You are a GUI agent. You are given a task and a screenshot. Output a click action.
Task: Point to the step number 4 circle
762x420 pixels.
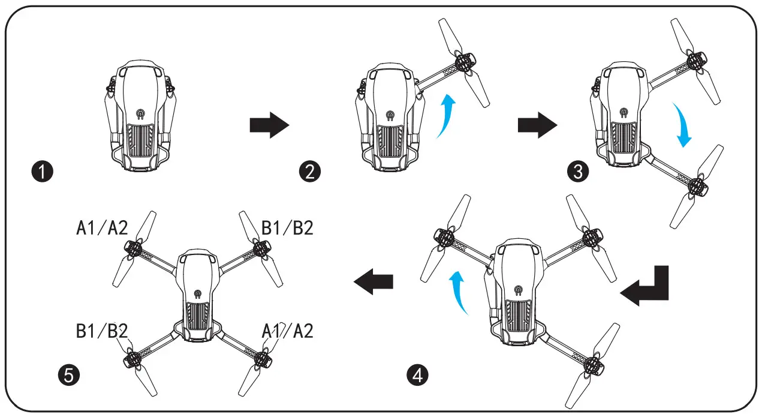pyautogui.click(x=417, y=376)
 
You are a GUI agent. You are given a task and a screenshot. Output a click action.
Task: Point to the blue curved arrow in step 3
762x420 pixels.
pyautogui.click(x=681, y=124)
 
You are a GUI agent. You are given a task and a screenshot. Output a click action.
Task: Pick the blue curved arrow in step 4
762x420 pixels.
pyautogui.click(x=459, y=292)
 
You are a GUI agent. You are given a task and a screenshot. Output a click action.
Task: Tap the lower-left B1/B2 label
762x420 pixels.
pyautogui.click(x=102, y=331)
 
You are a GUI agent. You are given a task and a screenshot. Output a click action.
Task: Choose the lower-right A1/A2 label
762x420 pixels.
pyautogui.click(x=287, y=331)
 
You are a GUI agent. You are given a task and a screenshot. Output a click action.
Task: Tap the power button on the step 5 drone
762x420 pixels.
pyautogui.click(x=197, y=294)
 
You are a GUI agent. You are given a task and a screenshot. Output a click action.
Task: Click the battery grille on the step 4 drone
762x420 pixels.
pyautogui.click(x=517, y=316)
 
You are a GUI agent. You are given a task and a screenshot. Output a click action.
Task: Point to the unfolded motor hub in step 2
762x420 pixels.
pyautogui.click(x=463, y=62)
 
